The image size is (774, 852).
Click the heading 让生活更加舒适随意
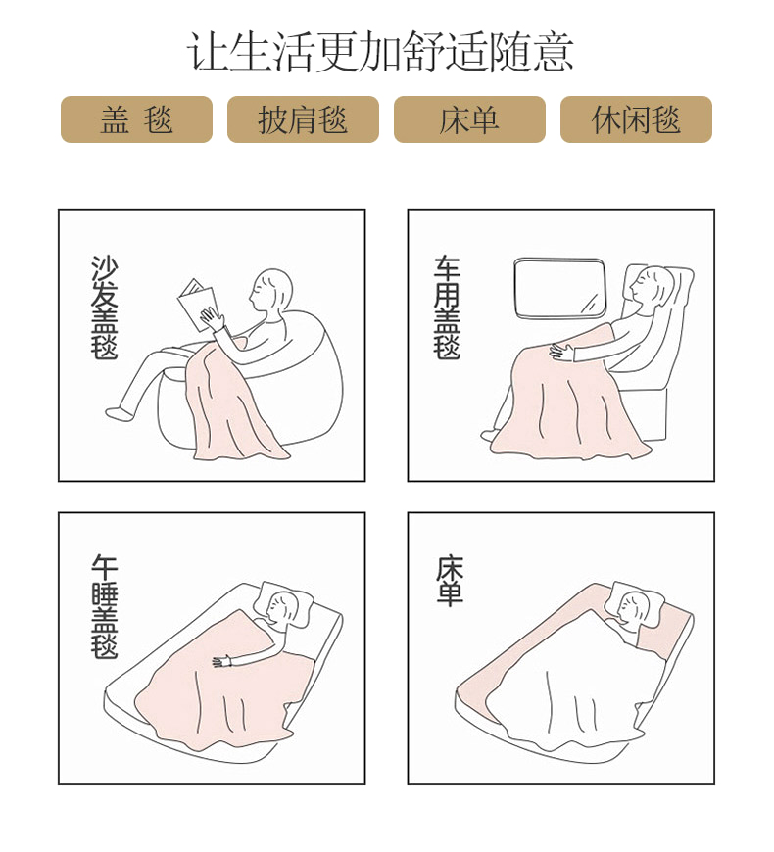point(380,52)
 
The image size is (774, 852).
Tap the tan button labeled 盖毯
point(136,119)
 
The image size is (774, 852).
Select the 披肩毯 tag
point(303,119)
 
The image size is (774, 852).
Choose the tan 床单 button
point(469,119)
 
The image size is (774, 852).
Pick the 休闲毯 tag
point(636,119)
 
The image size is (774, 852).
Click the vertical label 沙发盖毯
point(104,308)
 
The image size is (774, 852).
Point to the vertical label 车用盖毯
point(447,308)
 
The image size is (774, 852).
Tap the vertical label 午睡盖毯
point(104,606)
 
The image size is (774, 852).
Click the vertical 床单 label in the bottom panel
point(450,580)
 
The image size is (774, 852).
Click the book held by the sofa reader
point(198,305)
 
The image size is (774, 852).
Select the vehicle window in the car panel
point(559,288)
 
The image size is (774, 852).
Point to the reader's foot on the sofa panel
point(119,413)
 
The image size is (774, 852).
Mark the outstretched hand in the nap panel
point(222,662)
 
